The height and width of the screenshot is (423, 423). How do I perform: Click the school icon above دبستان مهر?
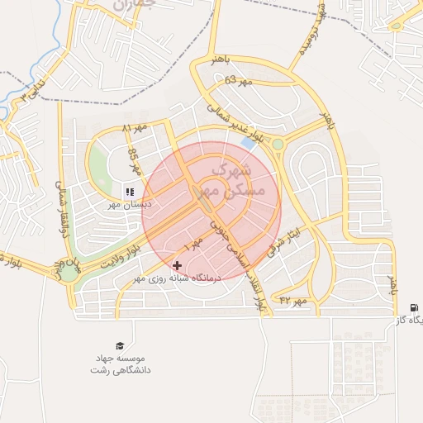click(x=129, y=192)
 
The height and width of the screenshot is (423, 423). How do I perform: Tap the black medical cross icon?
click(x=177, y=266)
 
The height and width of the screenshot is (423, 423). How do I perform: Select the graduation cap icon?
click(x=121, y=345)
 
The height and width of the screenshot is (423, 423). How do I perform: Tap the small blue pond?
click(x=248, y=144)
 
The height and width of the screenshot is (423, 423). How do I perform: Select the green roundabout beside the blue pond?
click(x=278, y=145)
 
